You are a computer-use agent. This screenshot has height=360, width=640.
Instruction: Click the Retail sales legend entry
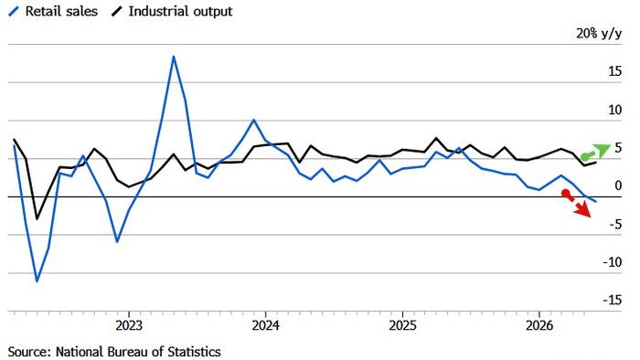pyautogui.click(x=53, y=11)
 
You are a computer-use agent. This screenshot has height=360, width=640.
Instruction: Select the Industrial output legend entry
pyautogui.click(x=172, y=11)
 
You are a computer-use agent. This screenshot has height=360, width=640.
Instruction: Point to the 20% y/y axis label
pyautogui.click(x=599, y=34)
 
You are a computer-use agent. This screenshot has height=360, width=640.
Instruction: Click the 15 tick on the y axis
pyautogui.click(x=614, y=71)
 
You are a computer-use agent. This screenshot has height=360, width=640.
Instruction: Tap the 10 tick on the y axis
pyautogui.click(x=614, y=110)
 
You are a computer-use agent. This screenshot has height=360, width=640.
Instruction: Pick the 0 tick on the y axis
pyautogui.click(x=618, y=185)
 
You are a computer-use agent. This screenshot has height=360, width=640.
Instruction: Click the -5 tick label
pyautogui.click(x=613, y=224)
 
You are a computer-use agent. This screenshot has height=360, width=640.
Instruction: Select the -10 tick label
pyautogui.click(x=613, y=262)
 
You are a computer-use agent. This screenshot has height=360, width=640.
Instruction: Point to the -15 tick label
pyautogui.click(x=613, y=300)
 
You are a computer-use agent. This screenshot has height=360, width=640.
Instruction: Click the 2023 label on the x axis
pyautogui.click(x=129, y=326)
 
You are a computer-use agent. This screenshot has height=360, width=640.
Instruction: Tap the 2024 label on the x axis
pyautogui.click(x=266, y=326)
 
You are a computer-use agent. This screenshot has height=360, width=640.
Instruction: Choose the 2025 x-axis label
pyautogui.click(x=402, y=326)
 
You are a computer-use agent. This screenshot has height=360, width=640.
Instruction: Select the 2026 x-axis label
pyautogui.click(x=539, y=326)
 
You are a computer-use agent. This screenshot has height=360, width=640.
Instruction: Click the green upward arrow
pyautogui.click(x=595, y=152)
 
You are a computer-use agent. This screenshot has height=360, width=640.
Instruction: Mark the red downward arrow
pyautogui.click(x=577, y=204)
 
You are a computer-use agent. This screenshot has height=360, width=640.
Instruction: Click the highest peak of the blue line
pyautogui.click(x=174, y=57)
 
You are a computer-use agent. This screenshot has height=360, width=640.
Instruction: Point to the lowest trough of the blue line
pyautogui.click(x=37, y=281)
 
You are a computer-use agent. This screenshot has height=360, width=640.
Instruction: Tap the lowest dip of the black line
pyautogui.click(x=37, y=219)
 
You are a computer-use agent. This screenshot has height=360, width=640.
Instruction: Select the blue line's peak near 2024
pyautogui.click(x=253, y=120)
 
